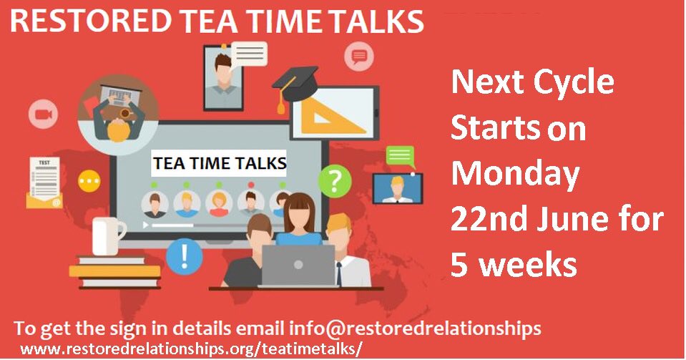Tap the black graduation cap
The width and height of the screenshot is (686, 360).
[x=299, y=79]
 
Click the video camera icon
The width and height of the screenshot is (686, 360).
[x=43, y=115]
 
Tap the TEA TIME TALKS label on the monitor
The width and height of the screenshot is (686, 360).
[x=220, y=163]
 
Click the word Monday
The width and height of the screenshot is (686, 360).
[x=515, y=174]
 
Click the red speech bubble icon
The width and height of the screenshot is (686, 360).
[x=359, y=55]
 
